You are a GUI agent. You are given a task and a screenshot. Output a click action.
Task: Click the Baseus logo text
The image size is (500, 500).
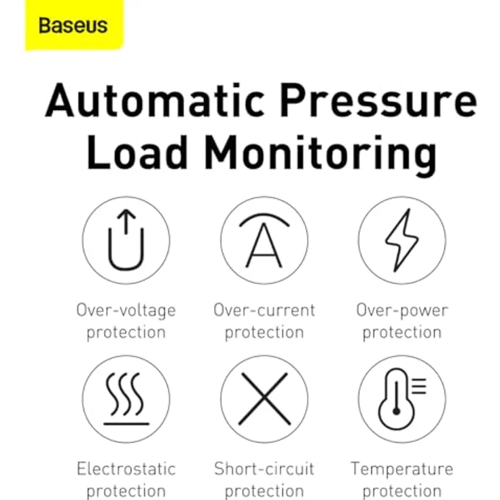(x=73, y=25)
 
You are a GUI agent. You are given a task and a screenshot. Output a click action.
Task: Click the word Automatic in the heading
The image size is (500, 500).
(x=156, y=100)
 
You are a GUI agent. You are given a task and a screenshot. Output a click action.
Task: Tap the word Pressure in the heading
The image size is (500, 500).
(x=379, y=100)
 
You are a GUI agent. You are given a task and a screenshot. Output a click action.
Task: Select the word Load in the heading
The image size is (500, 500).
(x=137, y=151)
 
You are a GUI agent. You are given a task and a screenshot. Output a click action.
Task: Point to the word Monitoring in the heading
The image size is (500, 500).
(x=321, y=156)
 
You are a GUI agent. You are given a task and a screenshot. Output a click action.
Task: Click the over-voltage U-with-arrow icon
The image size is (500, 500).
(x=126, y=240)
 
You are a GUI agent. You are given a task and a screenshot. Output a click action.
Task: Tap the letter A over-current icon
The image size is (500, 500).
(x=264, y=240)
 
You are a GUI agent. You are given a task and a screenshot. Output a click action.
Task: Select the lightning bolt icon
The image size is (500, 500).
(x=401, y=240)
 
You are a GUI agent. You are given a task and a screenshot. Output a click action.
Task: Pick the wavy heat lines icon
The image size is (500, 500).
(x=126, y=399)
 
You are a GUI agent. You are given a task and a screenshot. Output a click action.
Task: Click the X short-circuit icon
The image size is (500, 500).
(x=264, y=399)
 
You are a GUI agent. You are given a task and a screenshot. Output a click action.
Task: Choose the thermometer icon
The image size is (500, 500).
(x=402, y=399)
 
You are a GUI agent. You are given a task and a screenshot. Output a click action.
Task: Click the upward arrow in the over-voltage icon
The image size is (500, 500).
(x=126, y=221)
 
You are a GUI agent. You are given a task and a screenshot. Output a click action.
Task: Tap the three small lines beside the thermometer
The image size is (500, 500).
(x=419, y=386)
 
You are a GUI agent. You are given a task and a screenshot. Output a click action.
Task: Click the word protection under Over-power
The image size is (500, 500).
(x=402, y=333)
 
